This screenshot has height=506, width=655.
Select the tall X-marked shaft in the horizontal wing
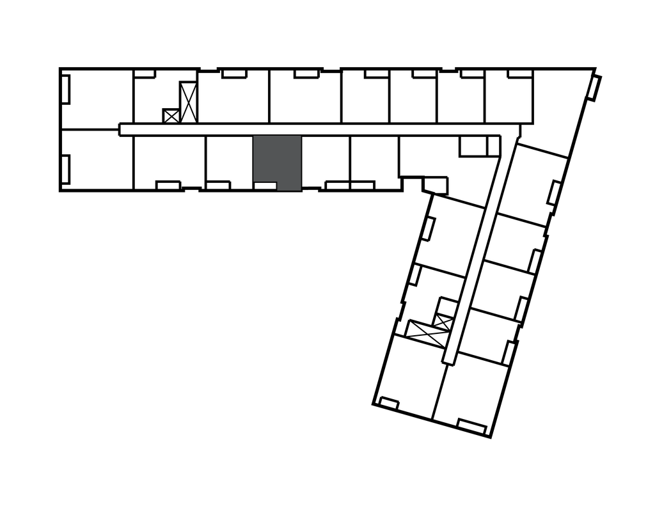click(x=188, y=102)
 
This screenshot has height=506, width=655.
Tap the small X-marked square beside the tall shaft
click(x=171, y=116)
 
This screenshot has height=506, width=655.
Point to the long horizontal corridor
click(x=307, y=129)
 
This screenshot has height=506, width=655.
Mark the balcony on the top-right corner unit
click(x=596, y=88)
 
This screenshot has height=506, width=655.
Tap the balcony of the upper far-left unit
click(x=65, y=88)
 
